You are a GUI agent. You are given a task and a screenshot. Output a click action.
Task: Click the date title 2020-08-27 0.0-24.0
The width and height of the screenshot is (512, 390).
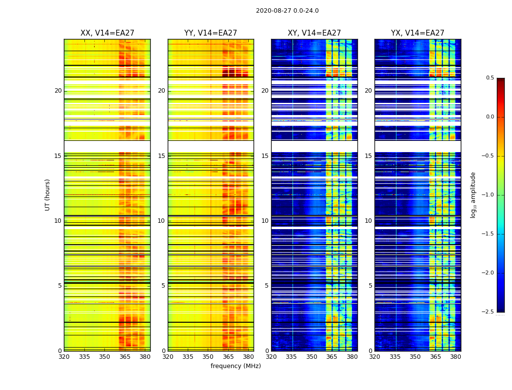(x=287, y=11)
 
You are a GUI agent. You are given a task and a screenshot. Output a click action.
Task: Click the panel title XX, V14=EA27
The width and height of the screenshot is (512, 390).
(x=107, y=33)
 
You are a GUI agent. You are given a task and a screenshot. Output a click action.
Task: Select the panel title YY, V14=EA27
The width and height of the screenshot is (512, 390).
(x=211, y=33)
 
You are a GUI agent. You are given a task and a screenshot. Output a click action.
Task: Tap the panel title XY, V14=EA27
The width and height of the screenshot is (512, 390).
(x=314, y=33)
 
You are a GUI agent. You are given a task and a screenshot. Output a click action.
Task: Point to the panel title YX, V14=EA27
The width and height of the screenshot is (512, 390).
(x=417, y=33)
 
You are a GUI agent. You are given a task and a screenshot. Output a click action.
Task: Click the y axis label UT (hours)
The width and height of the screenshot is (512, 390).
(x=48, y=195)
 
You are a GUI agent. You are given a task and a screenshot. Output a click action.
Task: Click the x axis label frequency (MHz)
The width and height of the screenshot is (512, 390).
(x=236, y=366)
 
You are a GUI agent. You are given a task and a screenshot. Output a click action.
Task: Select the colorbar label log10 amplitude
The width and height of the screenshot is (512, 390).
(x=473, y=195)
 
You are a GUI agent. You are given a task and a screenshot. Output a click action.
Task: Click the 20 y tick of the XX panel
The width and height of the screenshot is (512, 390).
(x=58, y=91)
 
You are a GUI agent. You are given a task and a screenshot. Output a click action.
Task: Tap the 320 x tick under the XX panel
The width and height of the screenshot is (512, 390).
(x=64, y=357)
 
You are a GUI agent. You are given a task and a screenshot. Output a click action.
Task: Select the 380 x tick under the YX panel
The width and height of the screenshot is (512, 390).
(x=455, y=357)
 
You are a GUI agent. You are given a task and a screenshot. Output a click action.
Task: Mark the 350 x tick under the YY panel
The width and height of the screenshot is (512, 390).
(x=208, y=357)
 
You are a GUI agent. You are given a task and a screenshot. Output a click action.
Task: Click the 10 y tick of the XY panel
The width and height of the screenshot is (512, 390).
(x=265, y=221)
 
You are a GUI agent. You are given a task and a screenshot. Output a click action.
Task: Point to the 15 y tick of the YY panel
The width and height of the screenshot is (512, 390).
(x=161, y=156)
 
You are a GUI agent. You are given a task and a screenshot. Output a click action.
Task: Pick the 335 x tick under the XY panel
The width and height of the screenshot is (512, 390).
(x=292, y=357)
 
